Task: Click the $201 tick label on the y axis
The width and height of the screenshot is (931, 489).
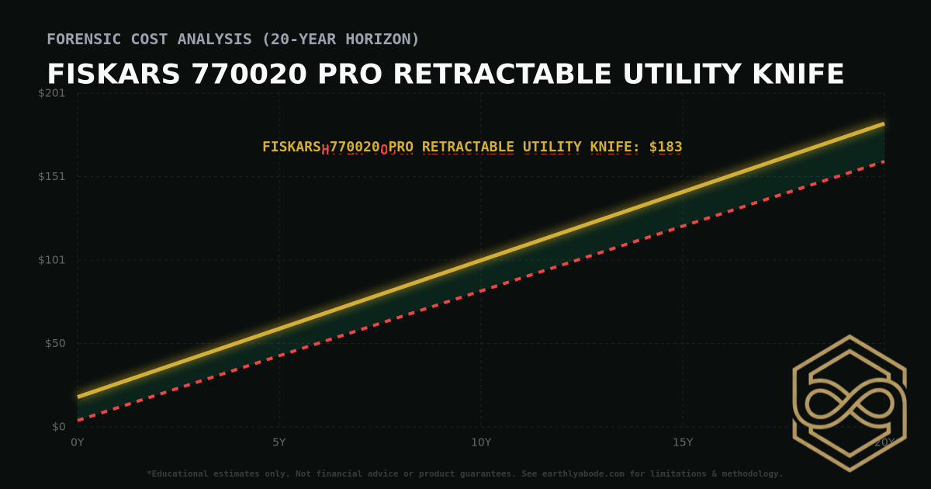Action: coord(53,93)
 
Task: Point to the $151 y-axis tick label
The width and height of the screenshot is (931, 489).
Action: coord(53,176)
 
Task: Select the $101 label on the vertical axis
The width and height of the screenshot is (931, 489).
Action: coord(53,260)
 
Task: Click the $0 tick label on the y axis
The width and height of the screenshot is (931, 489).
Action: coord(58,427)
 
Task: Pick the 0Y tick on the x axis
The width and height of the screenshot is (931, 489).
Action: coord(78,442)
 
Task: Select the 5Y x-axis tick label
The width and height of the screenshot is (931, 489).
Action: coord(279,442)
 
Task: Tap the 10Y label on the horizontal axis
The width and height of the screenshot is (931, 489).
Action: coord(481,442)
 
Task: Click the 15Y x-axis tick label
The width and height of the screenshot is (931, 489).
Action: coord(683,442)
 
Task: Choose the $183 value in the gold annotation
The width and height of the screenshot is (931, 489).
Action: coord(666,147)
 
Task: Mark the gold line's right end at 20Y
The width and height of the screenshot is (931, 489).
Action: coord(884,123)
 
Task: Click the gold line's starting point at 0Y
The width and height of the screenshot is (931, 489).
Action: coord(78,397)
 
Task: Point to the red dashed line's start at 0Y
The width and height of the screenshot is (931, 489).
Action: coord(78,421)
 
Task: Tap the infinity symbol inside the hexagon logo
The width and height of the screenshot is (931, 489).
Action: coord(849,404)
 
